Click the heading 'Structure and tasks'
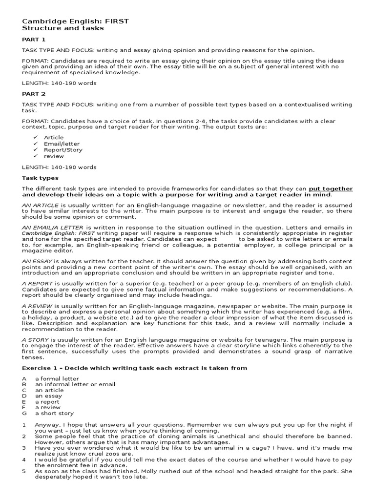pyautogui.click(x=63, y=28)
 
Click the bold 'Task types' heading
pyautogui.click(x=40, y=178)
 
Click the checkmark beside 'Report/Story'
pyautogui.click(x=35, y=150)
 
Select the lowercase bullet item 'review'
pyautogui.click(x=54, y=156)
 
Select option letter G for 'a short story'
pyautogui.click(x=24, y=413)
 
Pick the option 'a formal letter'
pyautogui.click(x=57, y=378)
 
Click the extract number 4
pyautogui.click(x=23, y=460)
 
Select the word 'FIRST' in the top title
pyautogui.click(x=117, y=21)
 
